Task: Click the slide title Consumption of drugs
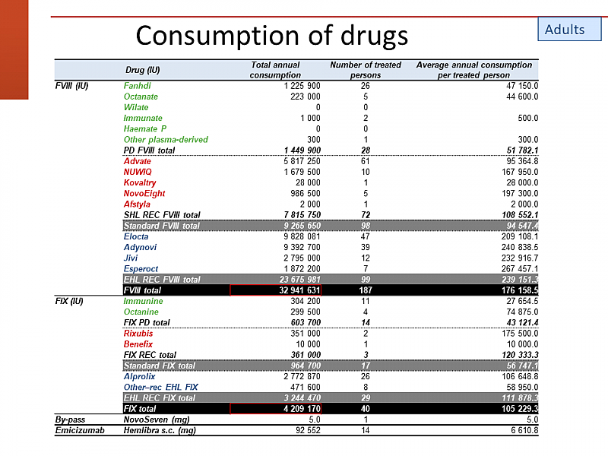pos(271,35)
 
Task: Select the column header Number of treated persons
pos(365,70)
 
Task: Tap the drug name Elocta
pos(137,236)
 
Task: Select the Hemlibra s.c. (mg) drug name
pos(159,430)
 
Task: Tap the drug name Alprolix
pos(140,376)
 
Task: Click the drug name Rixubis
pos(138,334)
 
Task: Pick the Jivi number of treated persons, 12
pos(365,258)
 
